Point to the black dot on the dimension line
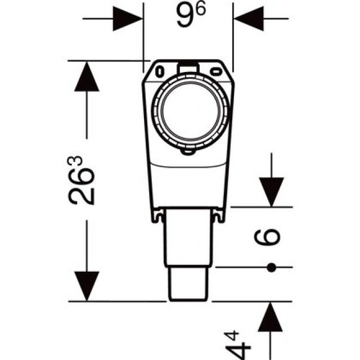tap(272, 267)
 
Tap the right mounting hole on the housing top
tap(216, 71)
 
